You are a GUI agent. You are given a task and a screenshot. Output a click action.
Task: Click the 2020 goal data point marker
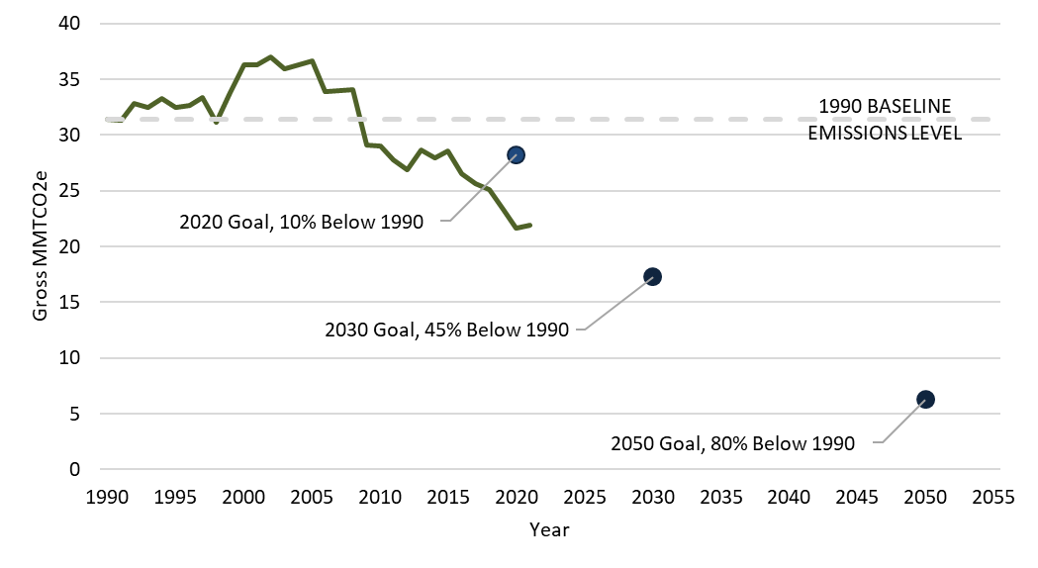pyautogui.click(x=516, y=154)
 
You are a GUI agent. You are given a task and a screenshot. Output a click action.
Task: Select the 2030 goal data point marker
pyautogui.click(x=652, y=277)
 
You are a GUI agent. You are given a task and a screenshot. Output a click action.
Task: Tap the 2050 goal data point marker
pyautogui.click(x=925, y=399)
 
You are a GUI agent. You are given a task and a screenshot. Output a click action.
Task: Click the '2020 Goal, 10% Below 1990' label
pyautogui.click(x=301, y=222)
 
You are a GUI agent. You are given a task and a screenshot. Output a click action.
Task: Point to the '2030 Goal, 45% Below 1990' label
pyautogui.click(x=446, y=330)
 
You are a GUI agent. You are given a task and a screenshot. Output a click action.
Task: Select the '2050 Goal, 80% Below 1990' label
pyautogui.click(x=732, y=444)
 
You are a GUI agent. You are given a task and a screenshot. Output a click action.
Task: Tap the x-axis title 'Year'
pyautogui.click(x=549, y=529)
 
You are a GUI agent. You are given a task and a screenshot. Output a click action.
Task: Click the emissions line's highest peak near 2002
pyautogui.click(x=271, y=57)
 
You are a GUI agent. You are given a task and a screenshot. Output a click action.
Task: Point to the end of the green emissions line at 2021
pyautogui.click(x=530, y=226)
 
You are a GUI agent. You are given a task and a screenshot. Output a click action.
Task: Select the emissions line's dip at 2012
pyautogui.click(x=408, y=169)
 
